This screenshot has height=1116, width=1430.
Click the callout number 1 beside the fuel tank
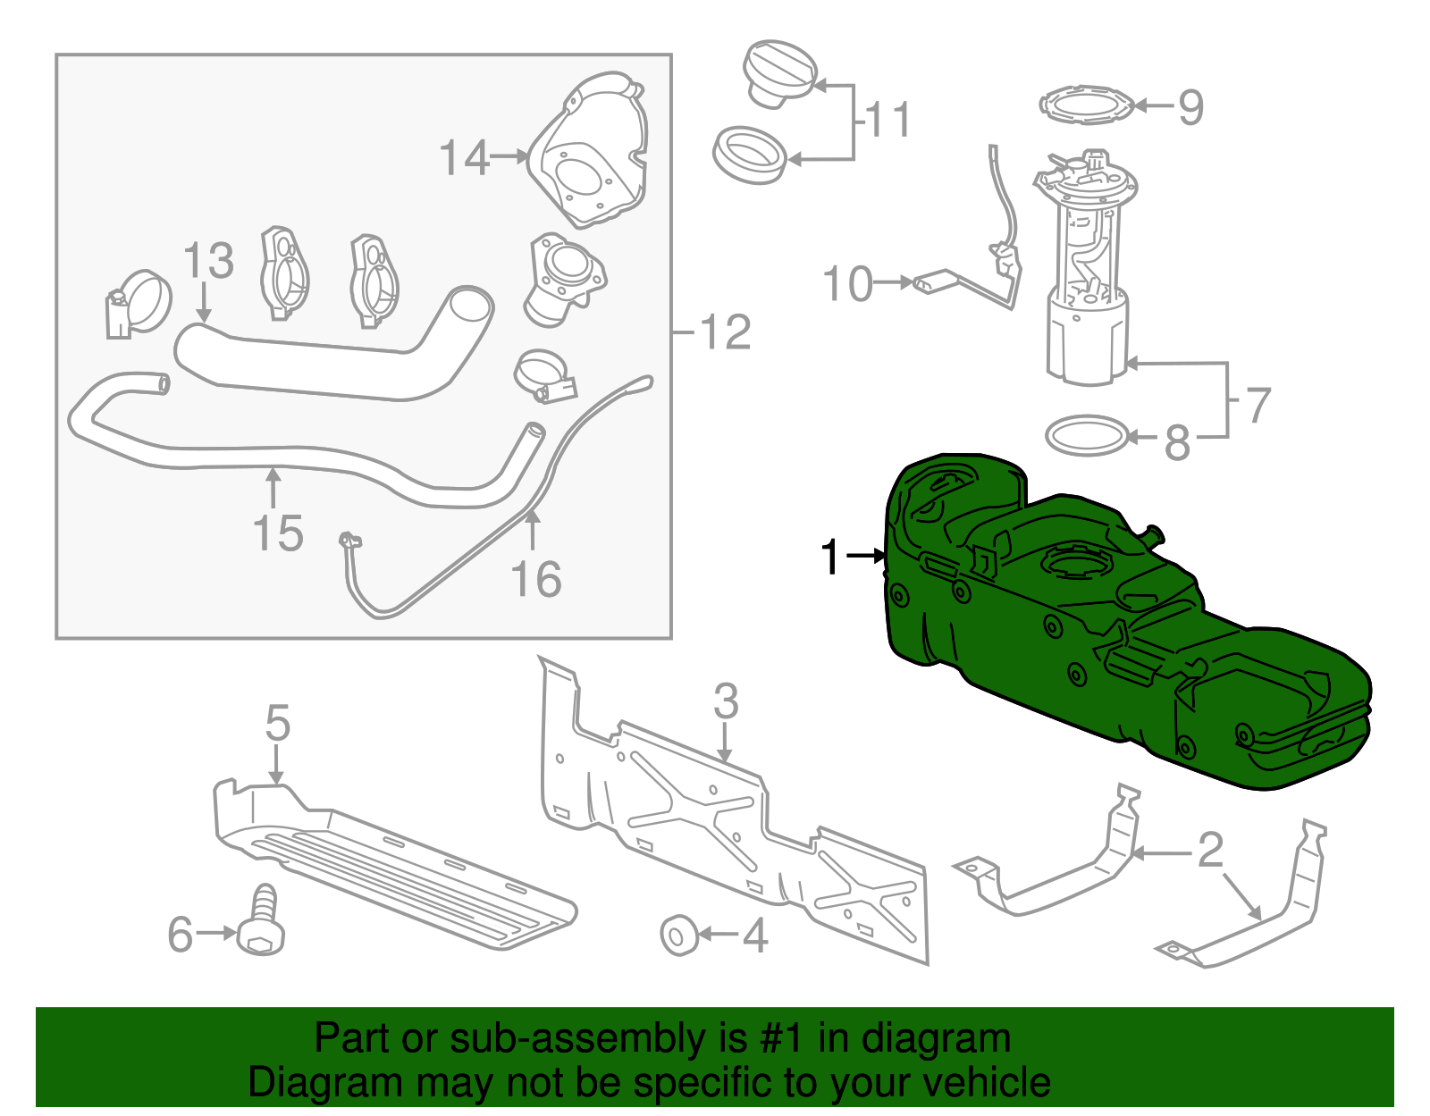click(831, 557)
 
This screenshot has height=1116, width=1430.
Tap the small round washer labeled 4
click(677, 935)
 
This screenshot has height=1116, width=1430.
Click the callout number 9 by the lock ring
click(1190, 107)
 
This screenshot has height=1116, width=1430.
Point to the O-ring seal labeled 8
click(1087, 435)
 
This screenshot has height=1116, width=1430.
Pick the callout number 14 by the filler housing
click(464, 158)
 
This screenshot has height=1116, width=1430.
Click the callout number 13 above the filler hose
click(207, 261)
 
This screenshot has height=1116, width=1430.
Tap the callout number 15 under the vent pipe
click(278, 533)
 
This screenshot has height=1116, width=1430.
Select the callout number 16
click(536, 579)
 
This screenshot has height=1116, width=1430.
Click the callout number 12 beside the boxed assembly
click(726, 332)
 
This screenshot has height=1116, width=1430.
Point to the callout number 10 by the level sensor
click(846, 284)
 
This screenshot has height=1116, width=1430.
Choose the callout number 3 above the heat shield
click(726, 701)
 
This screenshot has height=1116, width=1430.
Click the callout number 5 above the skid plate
click(278, 722)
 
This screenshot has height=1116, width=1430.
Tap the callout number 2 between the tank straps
click(1210, 850)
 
